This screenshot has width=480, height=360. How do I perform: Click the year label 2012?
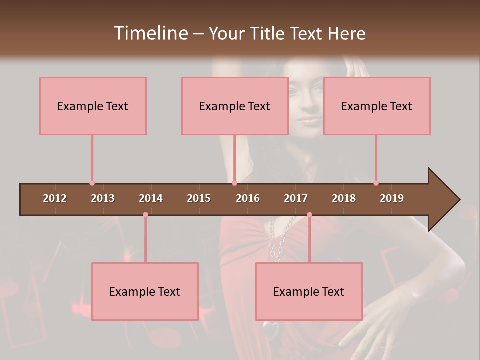55,198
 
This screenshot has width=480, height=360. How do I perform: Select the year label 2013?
103,198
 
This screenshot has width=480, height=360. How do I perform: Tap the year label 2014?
151,198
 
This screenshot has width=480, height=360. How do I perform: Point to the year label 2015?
199,198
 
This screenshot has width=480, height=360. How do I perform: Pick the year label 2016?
248,198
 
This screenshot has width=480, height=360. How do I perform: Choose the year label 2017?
296,198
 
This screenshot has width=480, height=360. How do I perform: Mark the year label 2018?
344,198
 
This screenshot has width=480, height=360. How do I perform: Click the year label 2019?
392,198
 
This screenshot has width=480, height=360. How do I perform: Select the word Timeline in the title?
150,33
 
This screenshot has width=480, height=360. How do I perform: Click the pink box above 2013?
93,106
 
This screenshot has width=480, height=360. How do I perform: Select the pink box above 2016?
235,106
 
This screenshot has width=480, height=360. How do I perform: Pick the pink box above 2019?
377,106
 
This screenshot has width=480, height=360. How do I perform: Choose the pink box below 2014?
145,291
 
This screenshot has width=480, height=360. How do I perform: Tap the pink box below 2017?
309,291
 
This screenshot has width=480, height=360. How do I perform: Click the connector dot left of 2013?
92,183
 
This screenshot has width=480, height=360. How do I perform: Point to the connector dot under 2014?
145,215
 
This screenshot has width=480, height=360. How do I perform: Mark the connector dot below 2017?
309,215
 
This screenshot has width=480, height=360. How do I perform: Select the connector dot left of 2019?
376,183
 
